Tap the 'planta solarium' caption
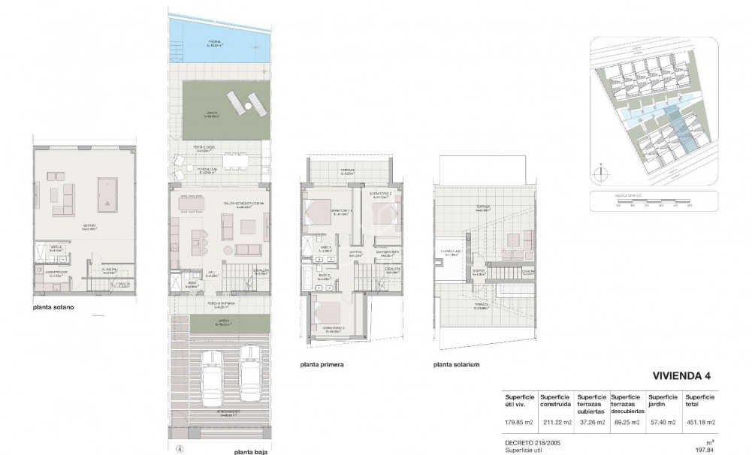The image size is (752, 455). tap(456, 365)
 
